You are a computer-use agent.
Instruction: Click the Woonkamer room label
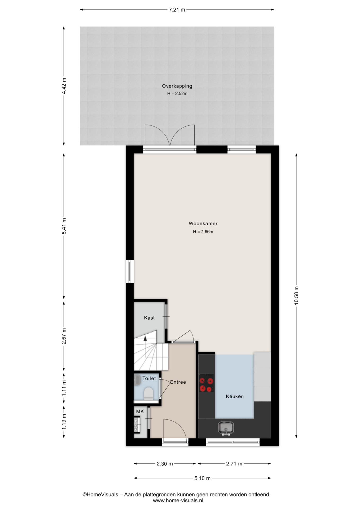coord(203,223)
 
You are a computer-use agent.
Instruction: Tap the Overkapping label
coord(177,86)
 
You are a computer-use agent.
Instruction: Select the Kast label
coord(149,318)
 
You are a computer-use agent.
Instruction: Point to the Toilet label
coord(149,378)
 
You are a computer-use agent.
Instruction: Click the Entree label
coord(178,382)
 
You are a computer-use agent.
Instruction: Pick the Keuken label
coord(235,396)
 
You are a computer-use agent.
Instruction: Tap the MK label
coord(140,411)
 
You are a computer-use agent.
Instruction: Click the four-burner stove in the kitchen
coord(207,383)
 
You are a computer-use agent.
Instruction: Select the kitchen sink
coord(226,428)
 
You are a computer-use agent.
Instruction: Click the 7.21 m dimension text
coord(177,10)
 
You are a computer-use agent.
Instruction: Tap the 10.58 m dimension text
coord(296,295)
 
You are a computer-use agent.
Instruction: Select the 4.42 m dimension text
coord(64,86)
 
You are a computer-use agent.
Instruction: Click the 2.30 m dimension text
coord(165,464)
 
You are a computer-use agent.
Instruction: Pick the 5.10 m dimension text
coord(202,478)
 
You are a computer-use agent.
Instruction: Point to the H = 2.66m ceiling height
coord(203,232)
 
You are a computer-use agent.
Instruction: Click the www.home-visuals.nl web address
coord(178,501)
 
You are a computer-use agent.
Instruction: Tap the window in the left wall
coord(130,271)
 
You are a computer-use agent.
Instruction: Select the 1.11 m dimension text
coord(64,388)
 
